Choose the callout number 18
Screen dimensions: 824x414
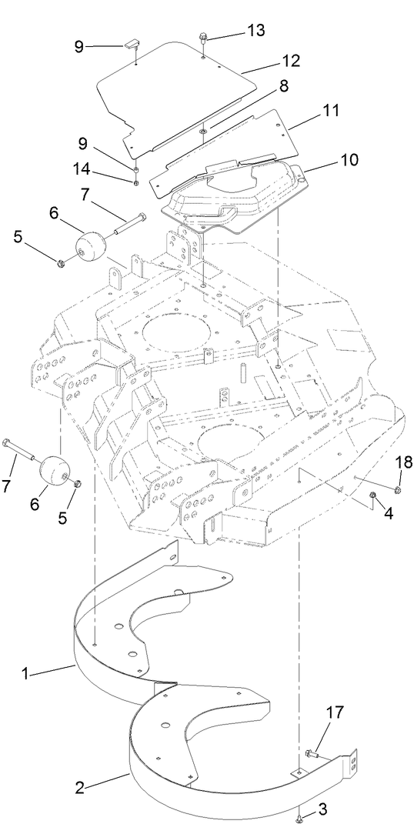coord(403,462)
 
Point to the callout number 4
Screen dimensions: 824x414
coord(389,514)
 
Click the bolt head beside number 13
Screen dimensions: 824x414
coord(202,36)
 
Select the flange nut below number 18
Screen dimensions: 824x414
coord(398,489)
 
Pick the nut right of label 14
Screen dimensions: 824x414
coord(135,182)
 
